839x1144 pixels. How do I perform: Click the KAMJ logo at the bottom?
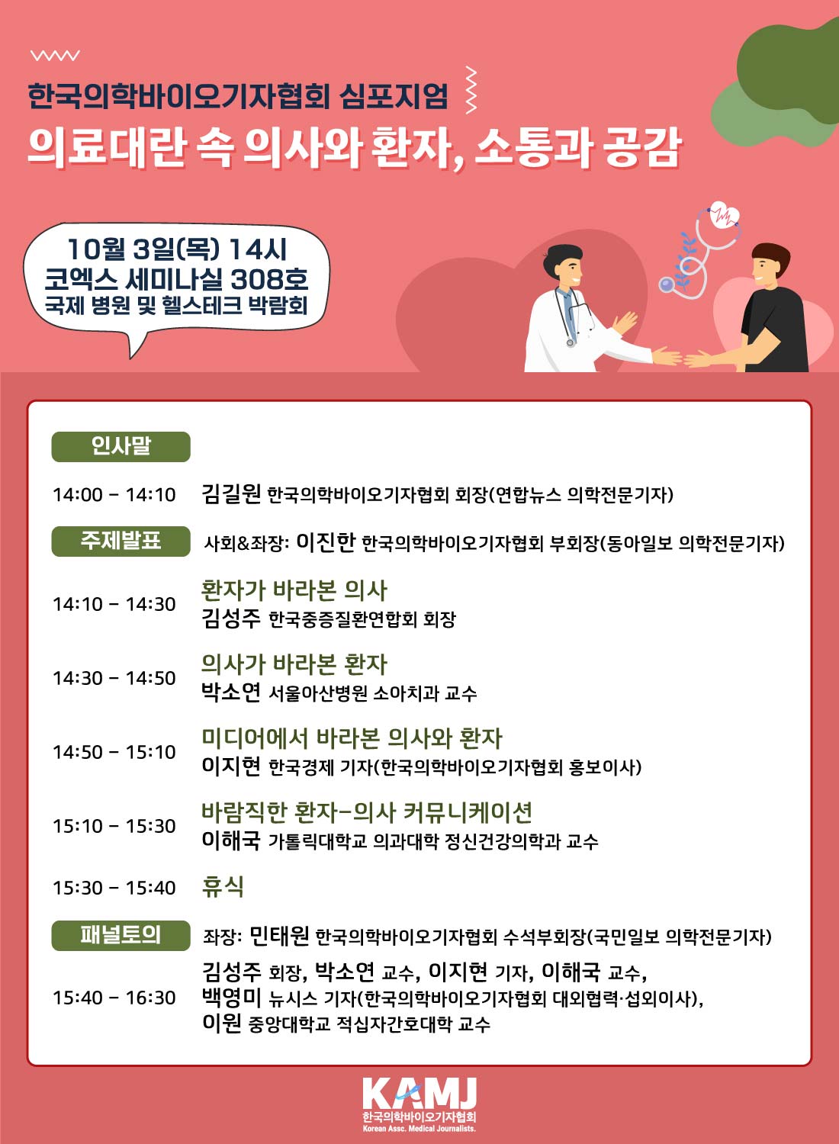pos(419,1103)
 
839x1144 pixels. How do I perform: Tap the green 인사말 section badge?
pos(121,446)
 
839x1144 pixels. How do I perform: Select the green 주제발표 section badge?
pos(121,541)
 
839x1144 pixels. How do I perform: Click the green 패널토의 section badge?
pos(121,935)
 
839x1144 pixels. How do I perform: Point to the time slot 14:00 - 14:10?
pos(114,495)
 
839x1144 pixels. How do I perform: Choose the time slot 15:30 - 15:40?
pos(114,888)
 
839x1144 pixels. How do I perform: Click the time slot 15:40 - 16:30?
pos(114,998)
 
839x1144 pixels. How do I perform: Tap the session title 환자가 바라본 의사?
pos(294,590)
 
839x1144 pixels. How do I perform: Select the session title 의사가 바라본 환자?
pos(294,664)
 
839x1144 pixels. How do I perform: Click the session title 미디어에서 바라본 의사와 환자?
pos(352,737)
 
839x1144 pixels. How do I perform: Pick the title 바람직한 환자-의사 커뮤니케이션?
pos(367,811)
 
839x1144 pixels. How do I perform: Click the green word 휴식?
pos(223,886)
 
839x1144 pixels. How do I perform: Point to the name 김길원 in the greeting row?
pos(231,493)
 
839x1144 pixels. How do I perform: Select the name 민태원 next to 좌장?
pos(279,935)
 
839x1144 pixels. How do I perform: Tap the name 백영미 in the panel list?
pos(231,997)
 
